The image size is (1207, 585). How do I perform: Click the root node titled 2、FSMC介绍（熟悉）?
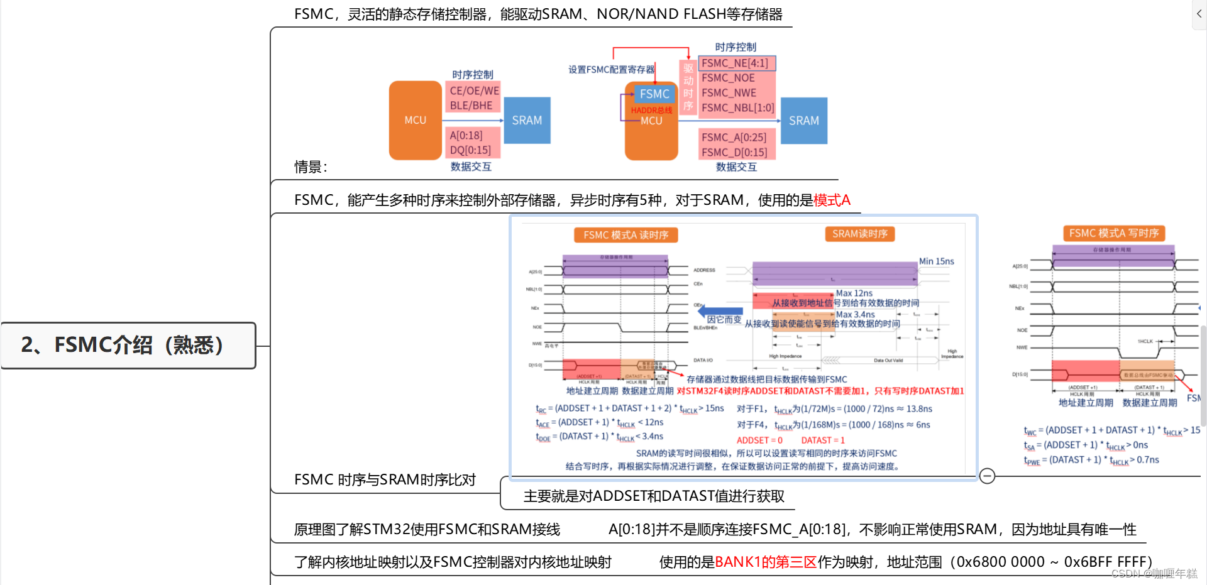[128, 345]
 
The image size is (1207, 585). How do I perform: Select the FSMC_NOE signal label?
[728, 78]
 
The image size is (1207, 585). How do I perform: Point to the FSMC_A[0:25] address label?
[734, 137]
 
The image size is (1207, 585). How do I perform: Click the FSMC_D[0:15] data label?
[734, 152]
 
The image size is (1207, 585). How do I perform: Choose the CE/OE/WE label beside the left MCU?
[474, 90]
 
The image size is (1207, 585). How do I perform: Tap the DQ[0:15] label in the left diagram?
[470, 150]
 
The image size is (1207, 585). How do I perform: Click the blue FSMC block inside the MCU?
[654, 94]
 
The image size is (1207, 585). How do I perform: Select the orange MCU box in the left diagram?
[415, 120]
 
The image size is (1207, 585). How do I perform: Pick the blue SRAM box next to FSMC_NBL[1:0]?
[803, 120]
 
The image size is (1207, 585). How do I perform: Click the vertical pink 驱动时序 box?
[688, 87]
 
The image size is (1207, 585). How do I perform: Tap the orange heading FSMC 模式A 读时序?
[626, 235]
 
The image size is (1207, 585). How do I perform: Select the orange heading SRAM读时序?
[859, 234]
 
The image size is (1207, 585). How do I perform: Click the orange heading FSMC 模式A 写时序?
[1113, 233]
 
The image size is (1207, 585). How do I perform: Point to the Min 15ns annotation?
[936, 261]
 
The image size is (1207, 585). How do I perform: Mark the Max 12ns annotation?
[854, 293]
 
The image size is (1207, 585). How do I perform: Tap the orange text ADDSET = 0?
[759, 440]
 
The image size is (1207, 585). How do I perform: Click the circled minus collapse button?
[987, 476]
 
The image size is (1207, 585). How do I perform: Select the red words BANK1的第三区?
[766, 562]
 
